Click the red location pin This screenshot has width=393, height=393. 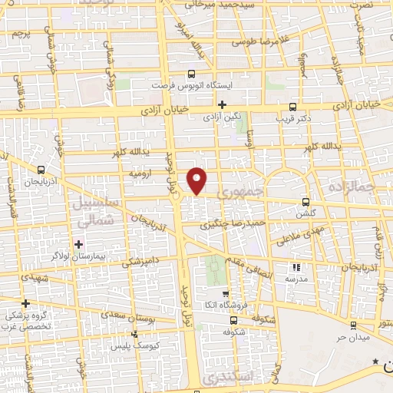pos(198,180)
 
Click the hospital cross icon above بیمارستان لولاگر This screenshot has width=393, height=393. pos(78,243)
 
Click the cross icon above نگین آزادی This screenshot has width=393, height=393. pos(223,104)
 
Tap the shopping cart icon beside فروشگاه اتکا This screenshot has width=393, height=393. pos(225,294)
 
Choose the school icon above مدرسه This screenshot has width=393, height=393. pos(296,268)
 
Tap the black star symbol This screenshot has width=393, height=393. pos(375,361)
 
